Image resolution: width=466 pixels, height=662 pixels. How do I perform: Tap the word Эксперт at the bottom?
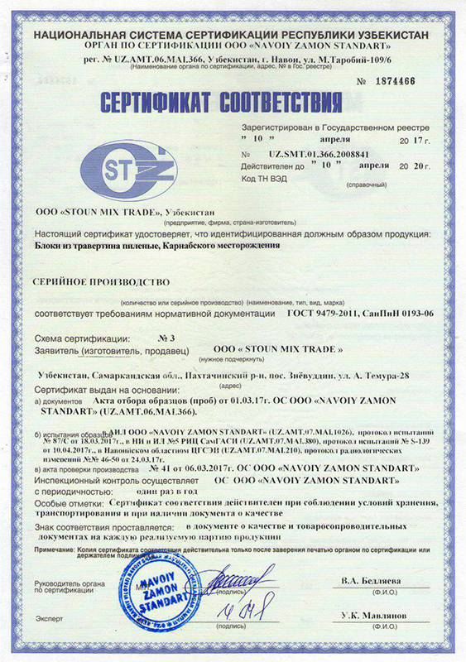49,618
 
